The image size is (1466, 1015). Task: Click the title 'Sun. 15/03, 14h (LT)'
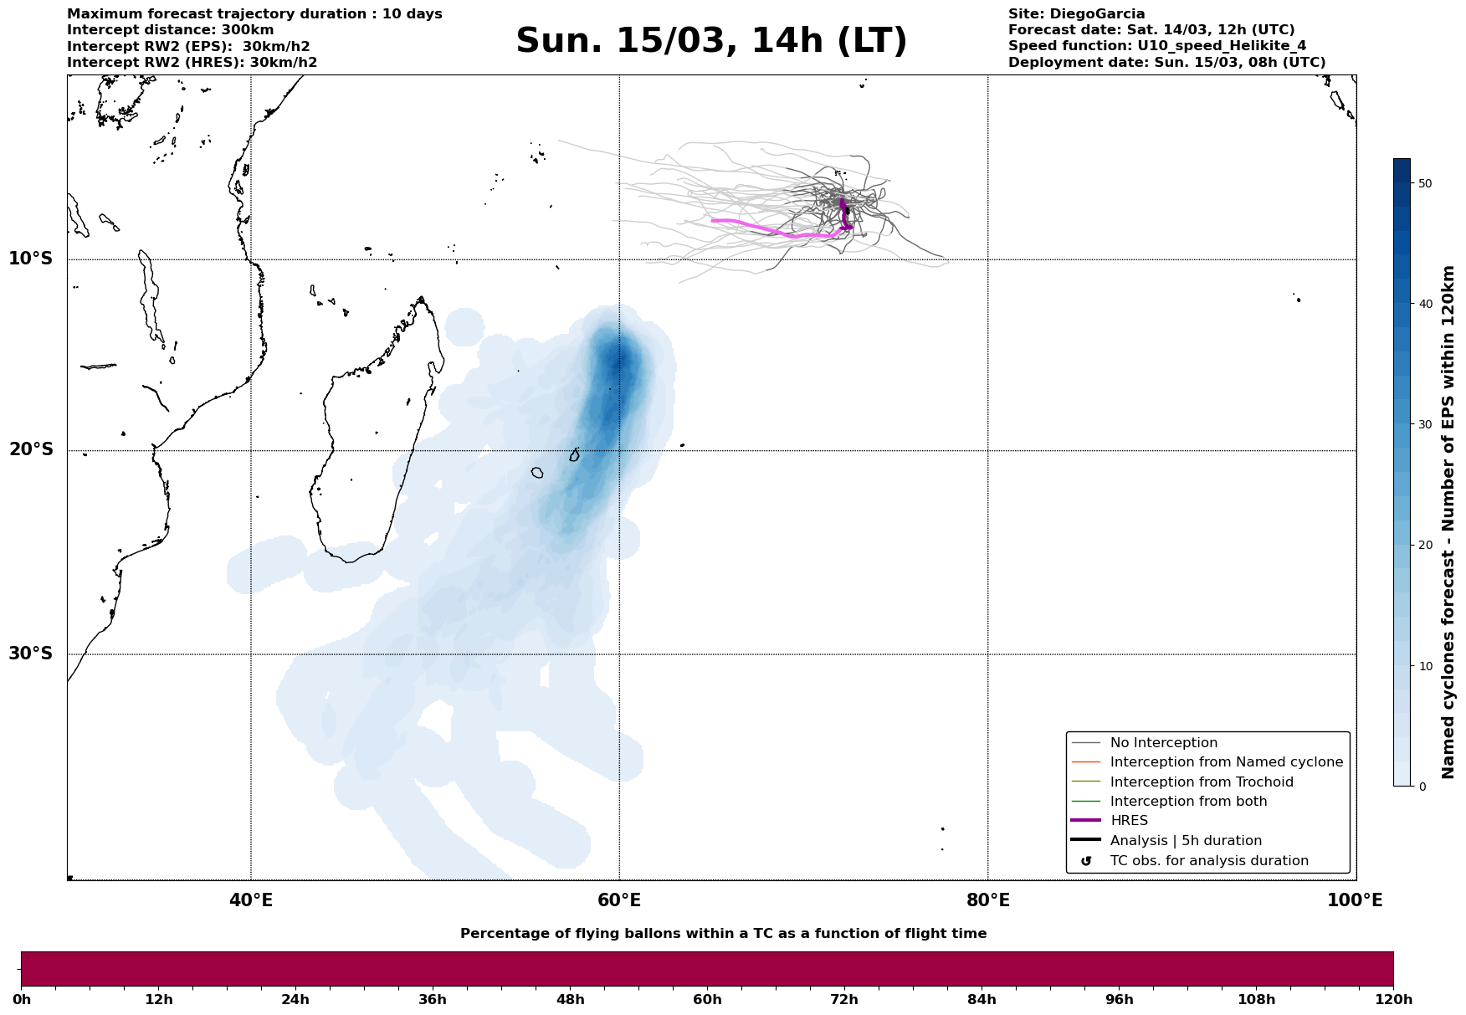click(711, 41)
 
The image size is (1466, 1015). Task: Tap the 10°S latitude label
click(31, 259)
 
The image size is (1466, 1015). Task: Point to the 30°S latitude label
click(31, 654)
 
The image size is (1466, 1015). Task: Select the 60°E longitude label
click(619, 901)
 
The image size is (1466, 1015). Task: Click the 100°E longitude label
click(1355, 901)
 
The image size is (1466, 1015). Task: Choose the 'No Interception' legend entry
click(1164, 743)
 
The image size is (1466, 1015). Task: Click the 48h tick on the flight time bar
click(570, 999)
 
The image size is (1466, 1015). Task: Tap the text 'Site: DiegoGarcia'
click(1076, 14)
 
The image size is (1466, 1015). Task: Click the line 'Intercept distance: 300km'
click(171, 30)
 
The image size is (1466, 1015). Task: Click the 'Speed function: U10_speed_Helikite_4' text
click(1157, 46)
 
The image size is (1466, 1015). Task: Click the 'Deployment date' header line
click(1166, 63)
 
